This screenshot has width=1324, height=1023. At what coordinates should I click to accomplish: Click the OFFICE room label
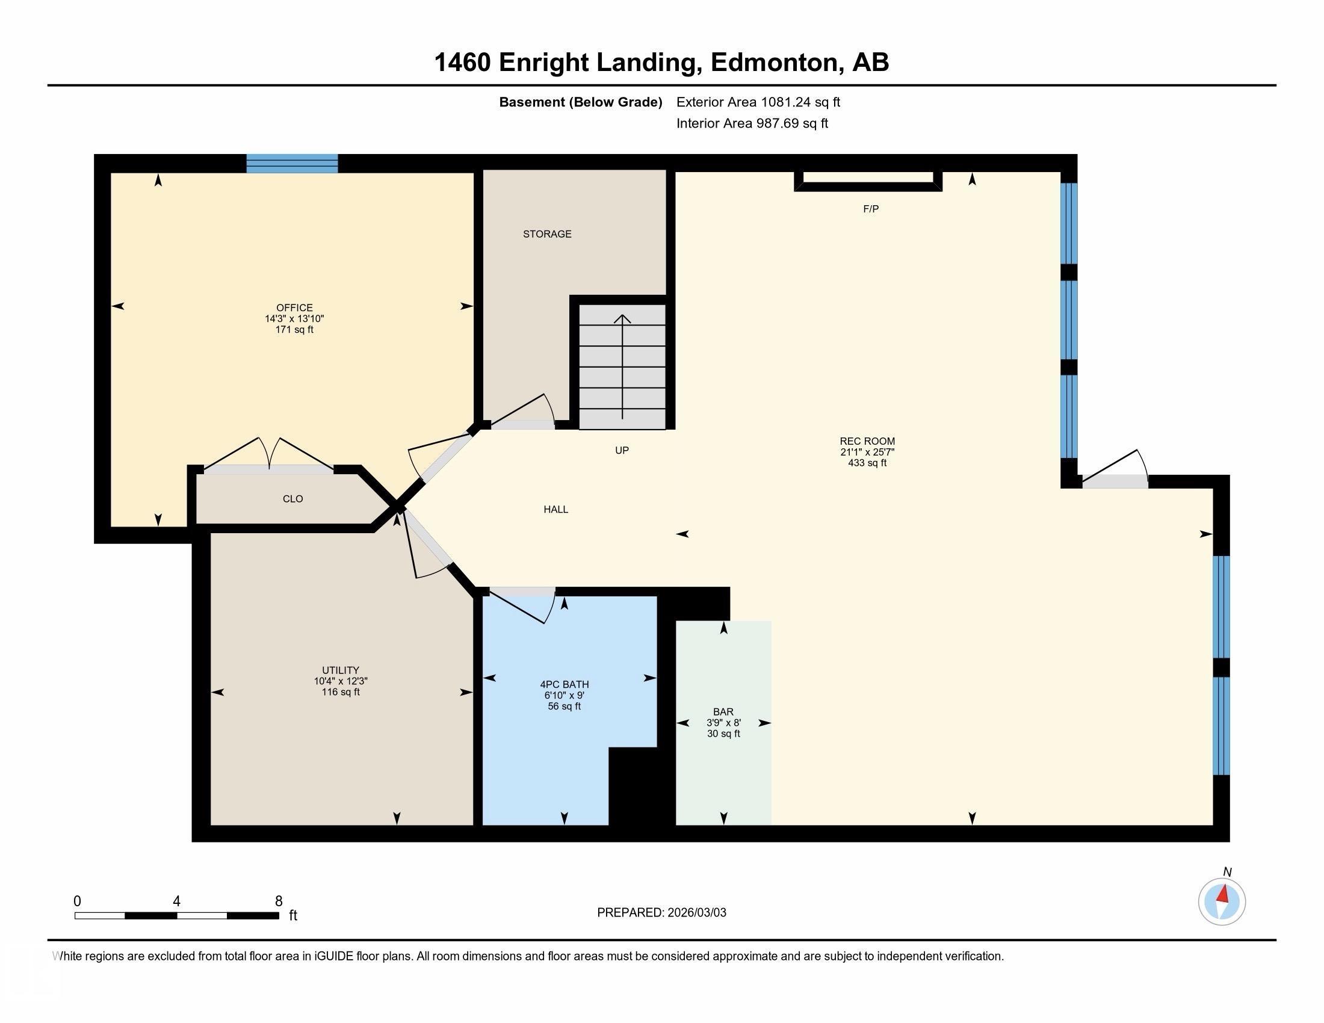coord(295,308)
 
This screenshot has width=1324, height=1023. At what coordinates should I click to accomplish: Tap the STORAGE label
coord(547,234)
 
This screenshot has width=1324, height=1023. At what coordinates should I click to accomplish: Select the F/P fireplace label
coord(871,209)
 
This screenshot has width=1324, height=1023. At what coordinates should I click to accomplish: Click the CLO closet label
coord(293,499)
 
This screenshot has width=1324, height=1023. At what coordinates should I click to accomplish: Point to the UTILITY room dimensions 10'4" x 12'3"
coord(340,681)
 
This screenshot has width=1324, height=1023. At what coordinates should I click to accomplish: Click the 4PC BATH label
coord(564,685)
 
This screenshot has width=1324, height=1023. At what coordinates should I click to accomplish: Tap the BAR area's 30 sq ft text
coord(723,734)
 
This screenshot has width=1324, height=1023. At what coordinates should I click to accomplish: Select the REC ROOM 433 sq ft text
coord(867,463)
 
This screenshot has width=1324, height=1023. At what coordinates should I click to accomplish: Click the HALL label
coord(555,510)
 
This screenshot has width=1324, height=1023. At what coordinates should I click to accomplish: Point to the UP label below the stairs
coord(622,450)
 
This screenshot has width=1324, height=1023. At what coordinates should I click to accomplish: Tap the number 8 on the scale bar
coord(279,901)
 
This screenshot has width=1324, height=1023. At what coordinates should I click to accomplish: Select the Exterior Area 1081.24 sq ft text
coord(758,102)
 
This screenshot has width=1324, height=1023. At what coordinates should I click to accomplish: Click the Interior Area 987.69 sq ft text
coord(752,123)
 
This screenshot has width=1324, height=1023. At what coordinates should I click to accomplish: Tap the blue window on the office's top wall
coord(292,164)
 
